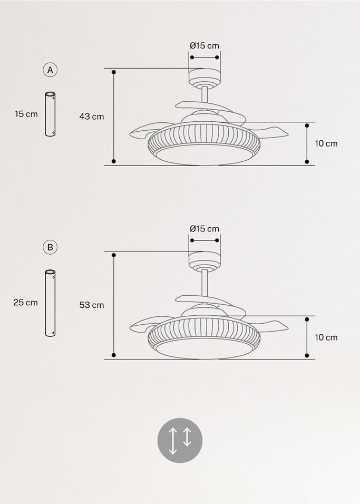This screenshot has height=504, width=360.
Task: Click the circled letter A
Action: pos(50,70)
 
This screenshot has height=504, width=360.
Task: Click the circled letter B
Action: pos(50,247)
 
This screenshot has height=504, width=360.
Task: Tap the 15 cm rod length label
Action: pos(26,114)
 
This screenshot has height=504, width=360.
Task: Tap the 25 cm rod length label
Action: pos(26,303)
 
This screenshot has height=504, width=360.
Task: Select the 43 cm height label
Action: pos(92,117)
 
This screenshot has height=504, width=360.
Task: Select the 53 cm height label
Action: pos(92,305)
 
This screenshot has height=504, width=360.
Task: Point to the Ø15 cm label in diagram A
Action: pos(205,46)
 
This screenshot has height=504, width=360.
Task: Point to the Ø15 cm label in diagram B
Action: pos(205,229)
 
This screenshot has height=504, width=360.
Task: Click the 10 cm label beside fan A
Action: pos(326,143)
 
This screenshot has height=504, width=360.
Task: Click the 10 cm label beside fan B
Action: pos(326,337)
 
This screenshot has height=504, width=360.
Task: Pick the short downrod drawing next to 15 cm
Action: pos(51,114)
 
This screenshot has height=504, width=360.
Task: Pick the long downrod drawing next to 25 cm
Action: pos(51,303)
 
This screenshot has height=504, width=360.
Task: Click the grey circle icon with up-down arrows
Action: pos(180,440)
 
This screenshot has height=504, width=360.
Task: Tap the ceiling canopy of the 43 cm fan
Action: pos(204,76)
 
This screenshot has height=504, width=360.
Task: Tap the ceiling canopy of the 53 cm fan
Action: pos(204,259)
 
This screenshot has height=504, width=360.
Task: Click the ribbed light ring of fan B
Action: pos(205,331)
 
